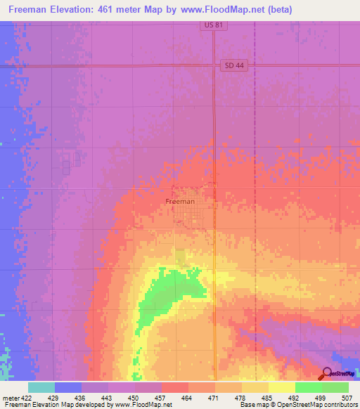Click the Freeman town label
(180, 201)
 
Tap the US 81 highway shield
(207, 25)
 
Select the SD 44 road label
(234, 65)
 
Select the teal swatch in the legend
(41, 387)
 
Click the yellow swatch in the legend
(282, 387)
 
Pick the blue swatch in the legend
(68, 387)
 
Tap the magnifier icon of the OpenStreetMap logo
(327, 374)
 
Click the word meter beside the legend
(11, 398)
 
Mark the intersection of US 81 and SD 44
(214, 66)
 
